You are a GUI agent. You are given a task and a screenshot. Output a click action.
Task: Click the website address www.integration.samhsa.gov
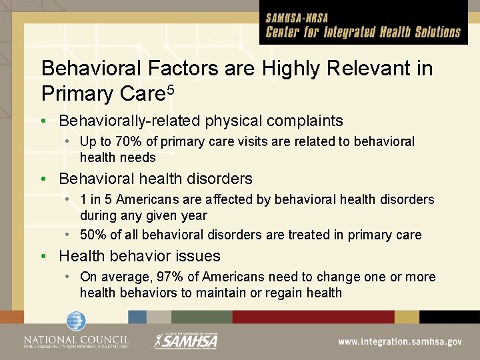(x=399, y=341)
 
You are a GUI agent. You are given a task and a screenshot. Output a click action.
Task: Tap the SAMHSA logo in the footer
(x=187, y=340)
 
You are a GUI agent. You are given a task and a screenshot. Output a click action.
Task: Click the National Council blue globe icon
(x=75, y=322)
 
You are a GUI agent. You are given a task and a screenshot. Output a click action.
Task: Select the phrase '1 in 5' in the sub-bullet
(x=97, y=199)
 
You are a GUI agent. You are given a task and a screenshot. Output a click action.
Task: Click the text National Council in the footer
(x=75, y=339)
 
